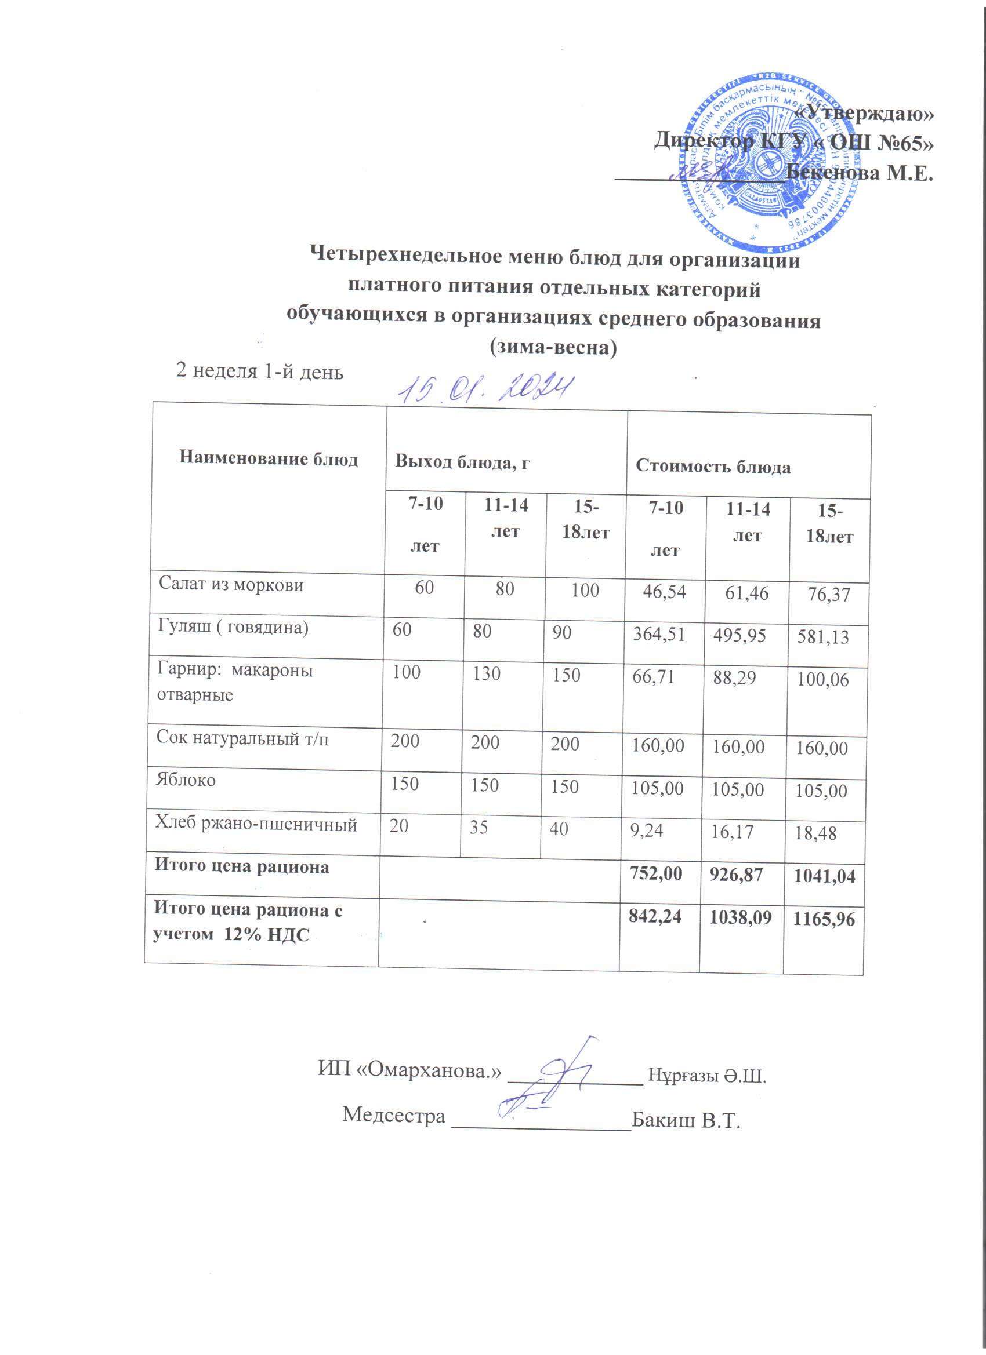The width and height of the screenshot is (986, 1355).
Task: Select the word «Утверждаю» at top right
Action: [866, 112]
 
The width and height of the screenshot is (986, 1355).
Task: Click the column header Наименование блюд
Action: [269, 459]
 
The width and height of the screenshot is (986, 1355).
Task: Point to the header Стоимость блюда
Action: [713, 467]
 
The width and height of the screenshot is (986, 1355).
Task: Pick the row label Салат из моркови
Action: [231, 585]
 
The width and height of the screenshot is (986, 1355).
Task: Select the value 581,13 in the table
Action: [823, 637]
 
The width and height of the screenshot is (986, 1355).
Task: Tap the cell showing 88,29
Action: [734, 677]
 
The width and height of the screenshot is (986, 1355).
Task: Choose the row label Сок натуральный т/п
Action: [242, 738]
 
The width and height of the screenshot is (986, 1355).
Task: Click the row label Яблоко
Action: [186, 780]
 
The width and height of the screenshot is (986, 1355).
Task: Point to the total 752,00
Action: [655, 873]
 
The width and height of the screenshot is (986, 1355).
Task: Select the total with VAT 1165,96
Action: [824, 919]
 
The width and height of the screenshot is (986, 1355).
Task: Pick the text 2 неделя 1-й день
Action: [259, 371]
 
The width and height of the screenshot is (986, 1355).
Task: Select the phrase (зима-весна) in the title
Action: [553, 347]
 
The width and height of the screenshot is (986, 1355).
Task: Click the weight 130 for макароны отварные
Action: [486, 674]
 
